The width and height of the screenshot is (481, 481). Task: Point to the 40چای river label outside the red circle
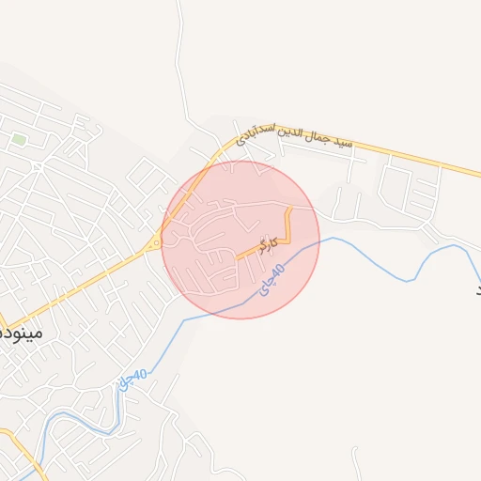coord(133,379)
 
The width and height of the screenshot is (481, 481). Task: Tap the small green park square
coord(19,140)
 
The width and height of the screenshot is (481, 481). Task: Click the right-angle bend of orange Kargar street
coord(289,241)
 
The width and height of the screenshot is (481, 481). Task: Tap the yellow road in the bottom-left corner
coord(28,451)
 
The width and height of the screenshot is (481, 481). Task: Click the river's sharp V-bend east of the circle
coord(409,280)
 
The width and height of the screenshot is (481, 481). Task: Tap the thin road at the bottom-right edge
coord(357,465)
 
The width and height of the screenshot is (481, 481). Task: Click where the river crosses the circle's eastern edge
coord(318,242)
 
